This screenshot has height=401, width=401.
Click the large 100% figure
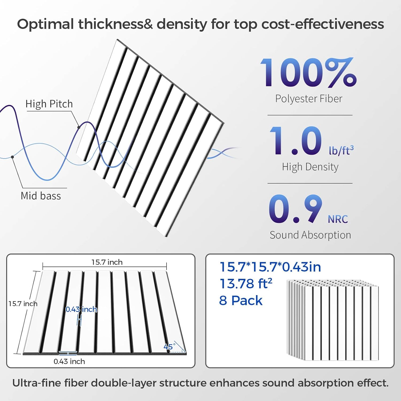click(308, 72)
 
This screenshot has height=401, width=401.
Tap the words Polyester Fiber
click(309, 99)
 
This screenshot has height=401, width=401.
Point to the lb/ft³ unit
click(341, 150)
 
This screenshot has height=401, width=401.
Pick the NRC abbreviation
click(338, 219)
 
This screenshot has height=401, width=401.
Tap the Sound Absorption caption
click(310, 235)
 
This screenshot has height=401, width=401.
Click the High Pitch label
click(49, 104)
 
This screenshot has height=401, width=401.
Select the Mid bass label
click(41, 196)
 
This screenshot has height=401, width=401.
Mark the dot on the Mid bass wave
click(13, 157)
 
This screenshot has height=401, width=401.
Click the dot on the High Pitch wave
click(79, 127)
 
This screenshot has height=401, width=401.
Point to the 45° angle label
click(169, 347)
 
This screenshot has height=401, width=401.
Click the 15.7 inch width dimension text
click(107, 262)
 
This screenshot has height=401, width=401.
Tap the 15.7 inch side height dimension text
click(23, 304)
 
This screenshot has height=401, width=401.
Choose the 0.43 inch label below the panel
click(69, 361)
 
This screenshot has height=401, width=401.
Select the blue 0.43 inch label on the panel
click(81, 309)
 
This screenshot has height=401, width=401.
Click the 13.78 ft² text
click(246, 284)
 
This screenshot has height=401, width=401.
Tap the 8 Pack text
click(241, 300)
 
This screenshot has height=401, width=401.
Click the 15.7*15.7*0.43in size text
click(270, 267)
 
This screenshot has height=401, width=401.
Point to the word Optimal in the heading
click(45, 24)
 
